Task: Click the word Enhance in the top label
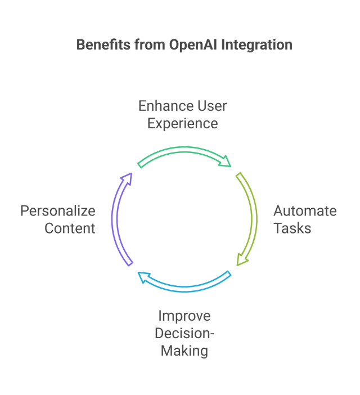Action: pyautogui.click(x=159, y=106)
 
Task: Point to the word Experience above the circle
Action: pyautogui.click(x=182, y=123)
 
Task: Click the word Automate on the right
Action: pyautogui.click(x=305, y=211)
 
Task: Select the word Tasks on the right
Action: pyautogui.click(x=292, y=228)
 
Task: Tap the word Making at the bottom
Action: pyautogui.click(x=184, y=351)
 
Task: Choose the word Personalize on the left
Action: pyautogui.click(x=58, y=211)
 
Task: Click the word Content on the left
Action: pyautogui.click(x=70, y=228)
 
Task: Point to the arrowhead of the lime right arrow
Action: pyautogui.click(x=241, y=259)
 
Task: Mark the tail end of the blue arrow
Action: pyautogui.click(x=228, y=274)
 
